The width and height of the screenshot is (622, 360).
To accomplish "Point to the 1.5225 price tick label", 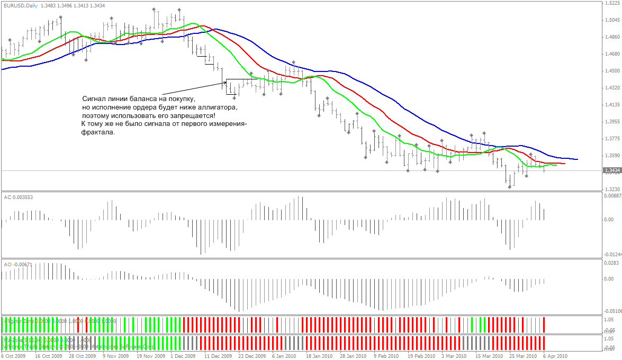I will click(x=611, y=3).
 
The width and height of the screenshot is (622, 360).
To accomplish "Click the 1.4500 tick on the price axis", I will click(x=611, y=71).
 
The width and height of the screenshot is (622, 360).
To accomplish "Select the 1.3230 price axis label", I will click(x=611, y=189).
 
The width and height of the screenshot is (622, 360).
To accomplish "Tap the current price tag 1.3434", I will click(x=611, y=170).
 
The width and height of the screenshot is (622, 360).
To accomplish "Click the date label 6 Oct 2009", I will click(x=13, y=356).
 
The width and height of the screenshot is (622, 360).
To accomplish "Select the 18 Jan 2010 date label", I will click(x=319, y=356).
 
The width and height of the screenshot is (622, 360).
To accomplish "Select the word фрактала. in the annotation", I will click(x=98, y=132).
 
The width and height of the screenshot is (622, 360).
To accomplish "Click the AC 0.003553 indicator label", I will click(x=19, y=196).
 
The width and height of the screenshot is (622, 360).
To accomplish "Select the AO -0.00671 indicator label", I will click(x=19, y=264).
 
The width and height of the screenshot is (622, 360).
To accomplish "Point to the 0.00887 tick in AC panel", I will click(x=612, y=196).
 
